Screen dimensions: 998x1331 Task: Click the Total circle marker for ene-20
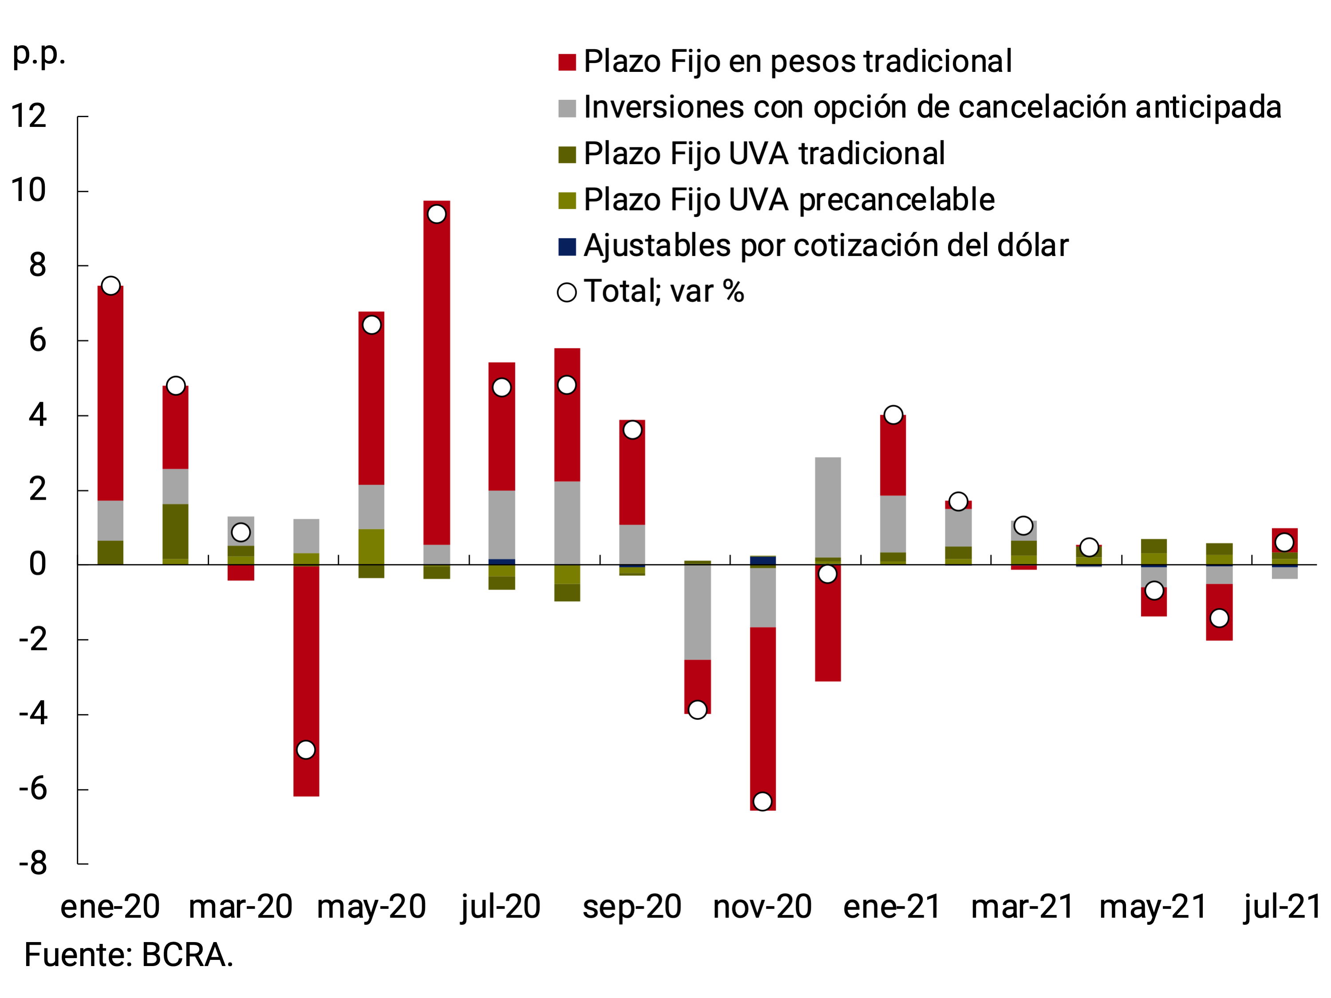click(111, 286)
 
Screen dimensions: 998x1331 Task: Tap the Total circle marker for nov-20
click(762, 801)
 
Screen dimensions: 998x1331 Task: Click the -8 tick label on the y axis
click(33, 864)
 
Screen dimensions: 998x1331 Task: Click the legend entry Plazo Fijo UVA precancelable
click(788, 200)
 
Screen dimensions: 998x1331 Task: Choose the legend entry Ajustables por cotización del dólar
click(825, 246)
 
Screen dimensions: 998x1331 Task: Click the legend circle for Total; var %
click(567, 292)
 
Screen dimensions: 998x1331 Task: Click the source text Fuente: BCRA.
click(129, 955)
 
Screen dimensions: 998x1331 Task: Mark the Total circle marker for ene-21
click(893, 415)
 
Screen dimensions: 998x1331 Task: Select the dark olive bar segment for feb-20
click(176, 531)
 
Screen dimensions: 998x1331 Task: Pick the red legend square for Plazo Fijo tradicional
click(567, 62)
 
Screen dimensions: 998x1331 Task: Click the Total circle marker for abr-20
click(306, 750)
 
